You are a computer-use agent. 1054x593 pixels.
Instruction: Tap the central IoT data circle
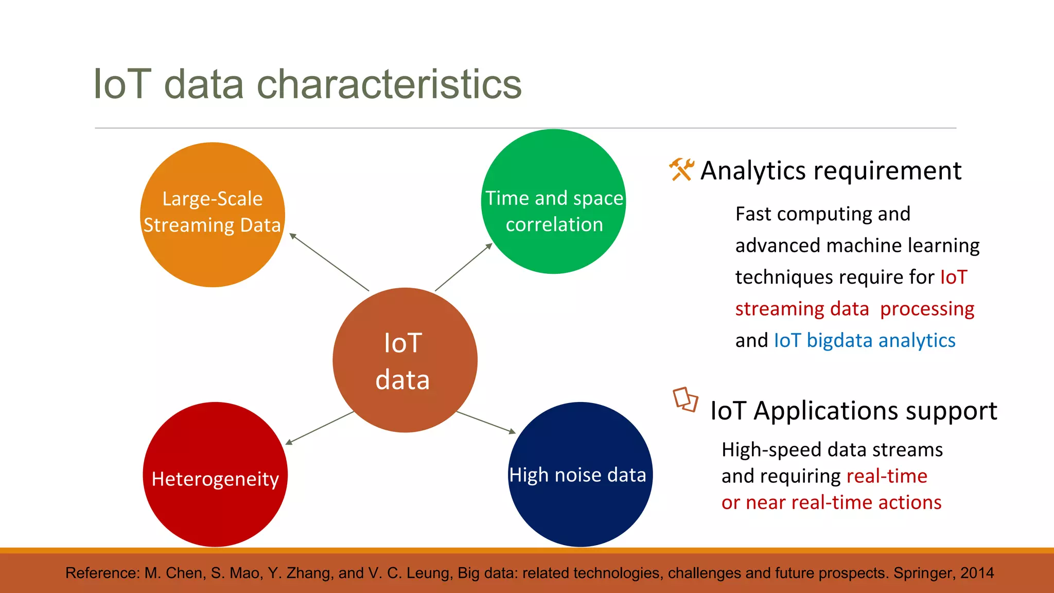pyautogui.click(x=405, y=360)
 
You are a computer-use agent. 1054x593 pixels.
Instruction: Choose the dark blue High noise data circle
pyautogui.click(x=580, y=510)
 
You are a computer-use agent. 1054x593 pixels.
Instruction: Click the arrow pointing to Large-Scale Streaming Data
pyautogui.click(x=329, y=262)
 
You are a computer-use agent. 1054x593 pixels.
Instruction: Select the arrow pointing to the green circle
pyautogui.click(x=464, y=267)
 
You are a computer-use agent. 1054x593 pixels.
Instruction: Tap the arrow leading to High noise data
pyautogui.click(x=486, y=423)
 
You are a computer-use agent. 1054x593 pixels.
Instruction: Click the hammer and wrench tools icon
pyautogui.click(x=681, y=169)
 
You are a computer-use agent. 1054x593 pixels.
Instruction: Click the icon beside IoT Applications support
pyautogui.click(x=685, y=399)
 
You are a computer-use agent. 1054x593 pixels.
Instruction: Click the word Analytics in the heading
pyautogui.click(x=752, y=171)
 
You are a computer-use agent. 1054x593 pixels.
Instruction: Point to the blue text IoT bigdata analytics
pyautogui.click(x=865, y=341)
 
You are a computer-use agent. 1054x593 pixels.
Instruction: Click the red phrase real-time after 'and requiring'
pyautogui.click(x=887, y=476)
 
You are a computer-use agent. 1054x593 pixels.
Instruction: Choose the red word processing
pyautogui.click(x=927, y=309)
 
